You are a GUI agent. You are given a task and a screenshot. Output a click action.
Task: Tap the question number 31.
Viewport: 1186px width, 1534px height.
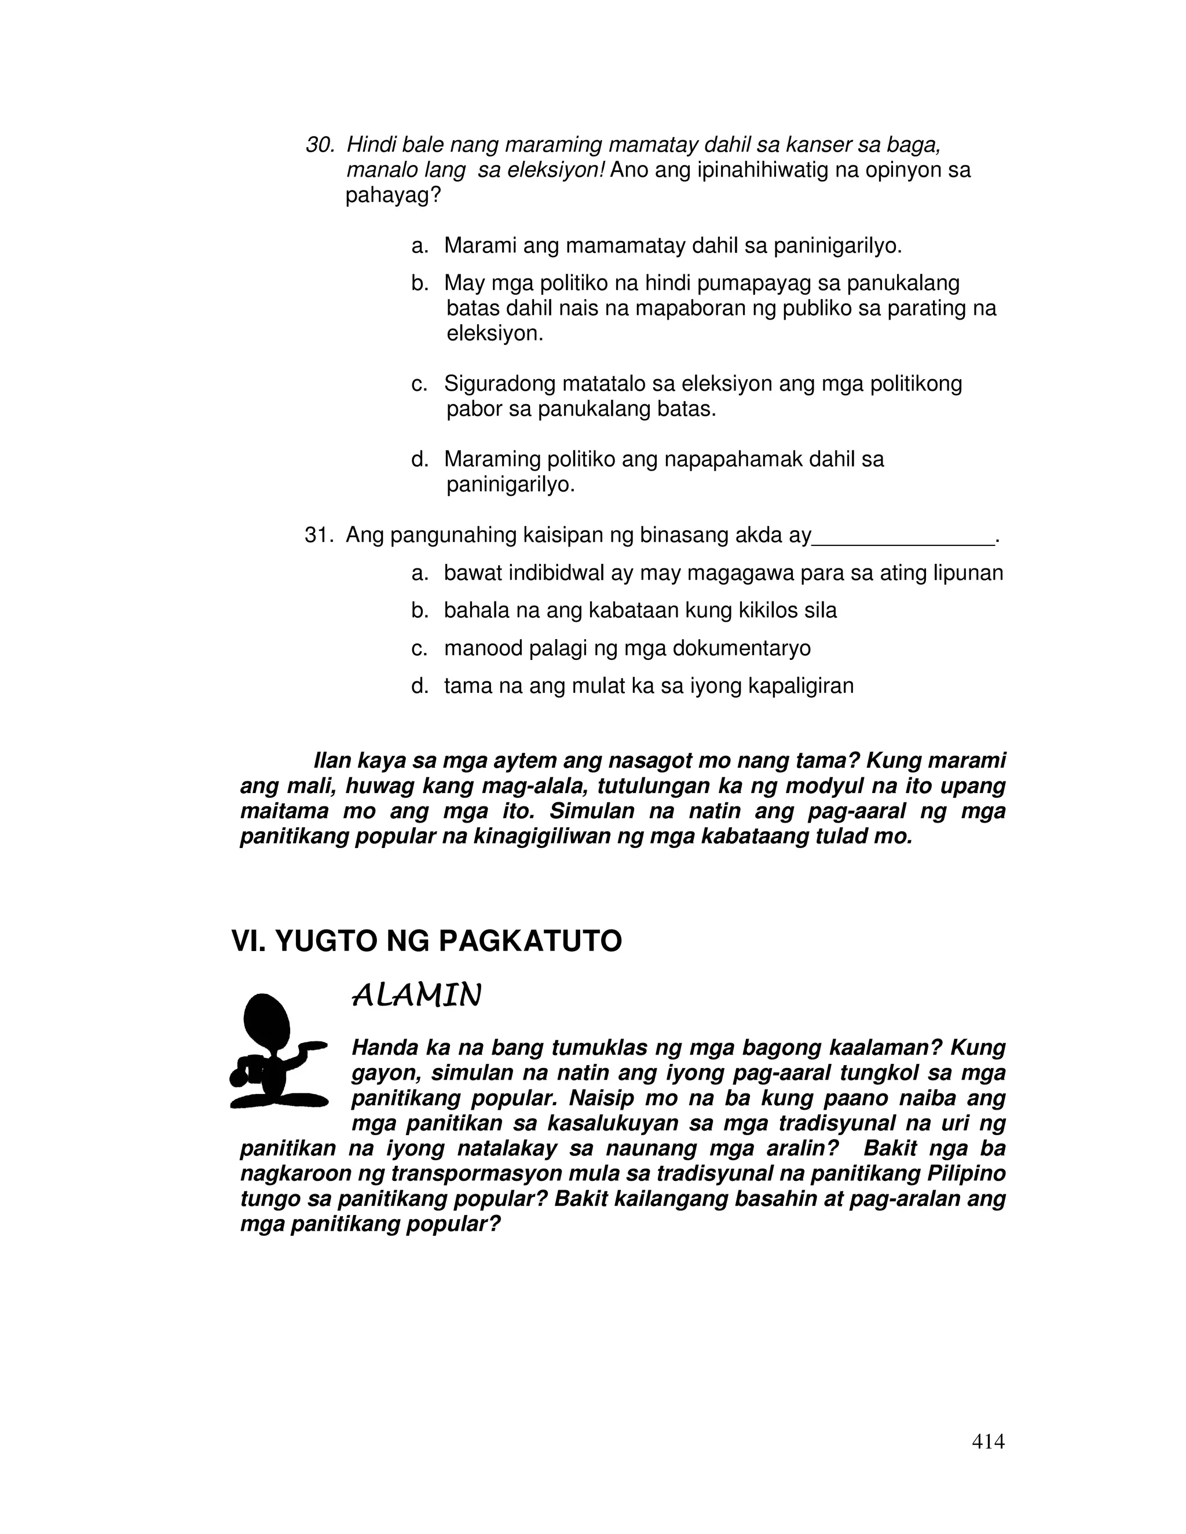[317, 536]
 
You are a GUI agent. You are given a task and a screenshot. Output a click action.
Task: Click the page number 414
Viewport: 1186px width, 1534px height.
[988, 1441]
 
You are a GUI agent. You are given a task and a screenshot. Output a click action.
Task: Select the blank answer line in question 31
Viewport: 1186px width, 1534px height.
[903, 541]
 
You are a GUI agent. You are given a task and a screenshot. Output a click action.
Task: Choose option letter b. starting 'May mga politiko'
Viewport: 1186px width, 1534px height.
[419, 284]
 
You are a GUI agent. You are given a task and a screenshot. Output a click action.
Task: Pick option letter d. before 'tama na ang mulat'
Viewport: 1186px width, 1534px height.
[419, 686]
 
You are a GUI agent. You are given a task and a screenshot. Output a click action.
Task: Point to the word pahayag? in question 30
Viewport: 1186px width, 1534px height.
[393, 196]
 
